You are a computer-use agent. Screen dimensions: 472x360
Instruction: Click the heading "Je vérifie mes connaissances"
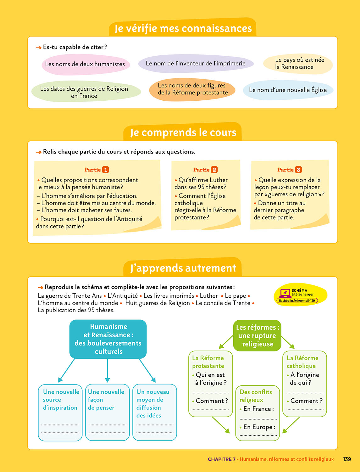183,28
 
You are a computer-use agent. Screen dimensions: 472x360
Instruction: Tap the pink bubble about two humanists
85,65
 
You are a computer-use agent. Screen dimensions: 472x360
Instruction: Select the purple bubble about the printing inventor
196,64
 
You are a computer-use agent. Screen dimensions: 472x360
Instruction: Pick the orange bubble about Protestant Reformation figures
192,89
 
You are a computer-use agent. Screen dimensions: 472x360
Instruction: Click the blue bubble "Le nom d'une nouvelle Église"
288,90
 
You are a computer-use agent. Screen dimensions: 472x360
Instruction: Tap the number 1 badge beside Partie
106,170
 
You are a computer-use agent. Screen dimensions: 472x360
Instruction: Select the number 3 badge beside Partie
298,170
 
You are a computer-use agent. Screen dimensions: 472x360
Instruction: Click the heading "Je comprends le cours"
183,132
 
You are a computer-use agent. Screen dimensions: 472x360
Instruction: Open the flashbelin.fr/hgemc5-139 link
297,301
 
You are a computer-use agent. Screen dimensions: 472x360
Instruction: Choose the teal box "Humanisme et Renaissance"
108,339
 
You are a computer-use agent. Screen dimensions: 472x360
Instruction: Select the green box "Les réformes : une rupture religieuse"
258,335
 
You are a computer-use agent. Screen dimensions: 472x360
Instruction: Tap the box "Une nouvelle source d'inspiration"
60,412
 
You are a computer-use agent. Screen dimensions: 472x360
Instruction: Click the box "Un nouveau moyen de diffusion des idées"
155,412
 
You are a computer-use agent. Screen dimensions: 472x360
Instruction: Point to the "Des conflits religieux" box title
256,396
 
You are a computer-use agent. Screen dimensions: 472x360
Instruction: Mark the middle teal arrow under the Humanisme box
108,370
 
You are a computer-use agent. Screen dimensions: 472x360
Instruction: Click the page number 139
347,459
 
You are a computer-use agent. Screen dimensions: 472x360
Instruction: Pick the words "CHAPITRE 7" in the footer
221,459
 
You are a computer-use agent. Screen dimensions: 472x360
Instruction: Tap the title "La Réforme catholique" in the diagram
302,362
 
